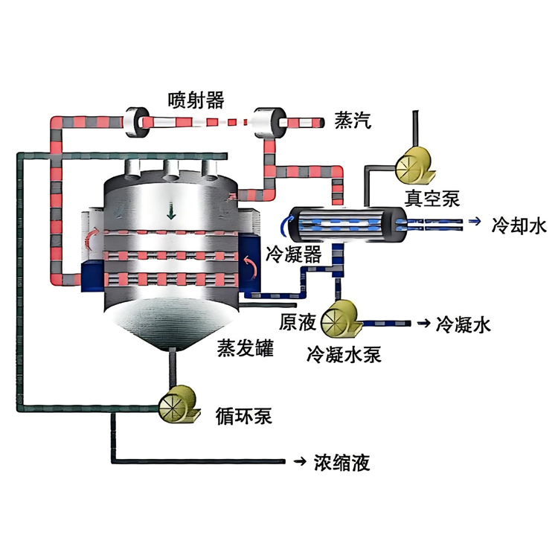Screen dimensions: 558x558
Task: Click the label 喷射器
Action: (x=196, y=100)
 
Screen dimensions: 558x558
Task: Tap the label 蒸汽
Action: (x=353, y=121)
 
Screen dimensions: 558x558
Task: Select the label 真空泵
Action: (x=432, y=199)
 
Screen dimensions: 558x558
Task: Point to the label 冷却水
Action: (x=519, y=225)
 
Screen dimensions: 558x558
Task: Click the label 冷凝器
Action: (x=294, y=254)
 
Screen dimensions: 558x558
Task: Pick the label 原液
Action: (x=298, y=321)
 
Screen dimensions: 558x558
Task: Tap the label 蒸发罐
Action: (x=246, y=347)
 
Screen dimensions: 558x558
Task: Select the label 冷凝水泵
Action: (x=344, y=354)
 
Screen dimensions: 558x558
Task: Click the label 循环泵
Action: (x=244, y=416)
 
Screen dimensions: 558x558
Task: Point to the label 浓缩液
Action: (x=342, y=462)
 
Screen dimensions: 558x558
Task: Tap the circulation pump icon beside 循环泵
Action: (x=179, y=404)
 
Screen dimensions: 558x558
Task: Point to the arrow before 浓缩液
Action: (x=300, y=461)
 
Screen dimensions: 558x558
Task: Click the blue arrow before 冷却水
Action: (x=475, y=222)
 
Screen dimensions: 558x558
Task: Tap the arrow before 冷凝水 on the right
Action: (x=423, y=324)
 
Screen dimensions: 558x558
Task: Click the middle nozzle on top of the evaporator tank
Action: (x=171, y=170)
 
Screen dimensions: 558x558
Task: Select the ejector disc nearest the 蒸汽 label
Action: (x=269, y=122)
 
